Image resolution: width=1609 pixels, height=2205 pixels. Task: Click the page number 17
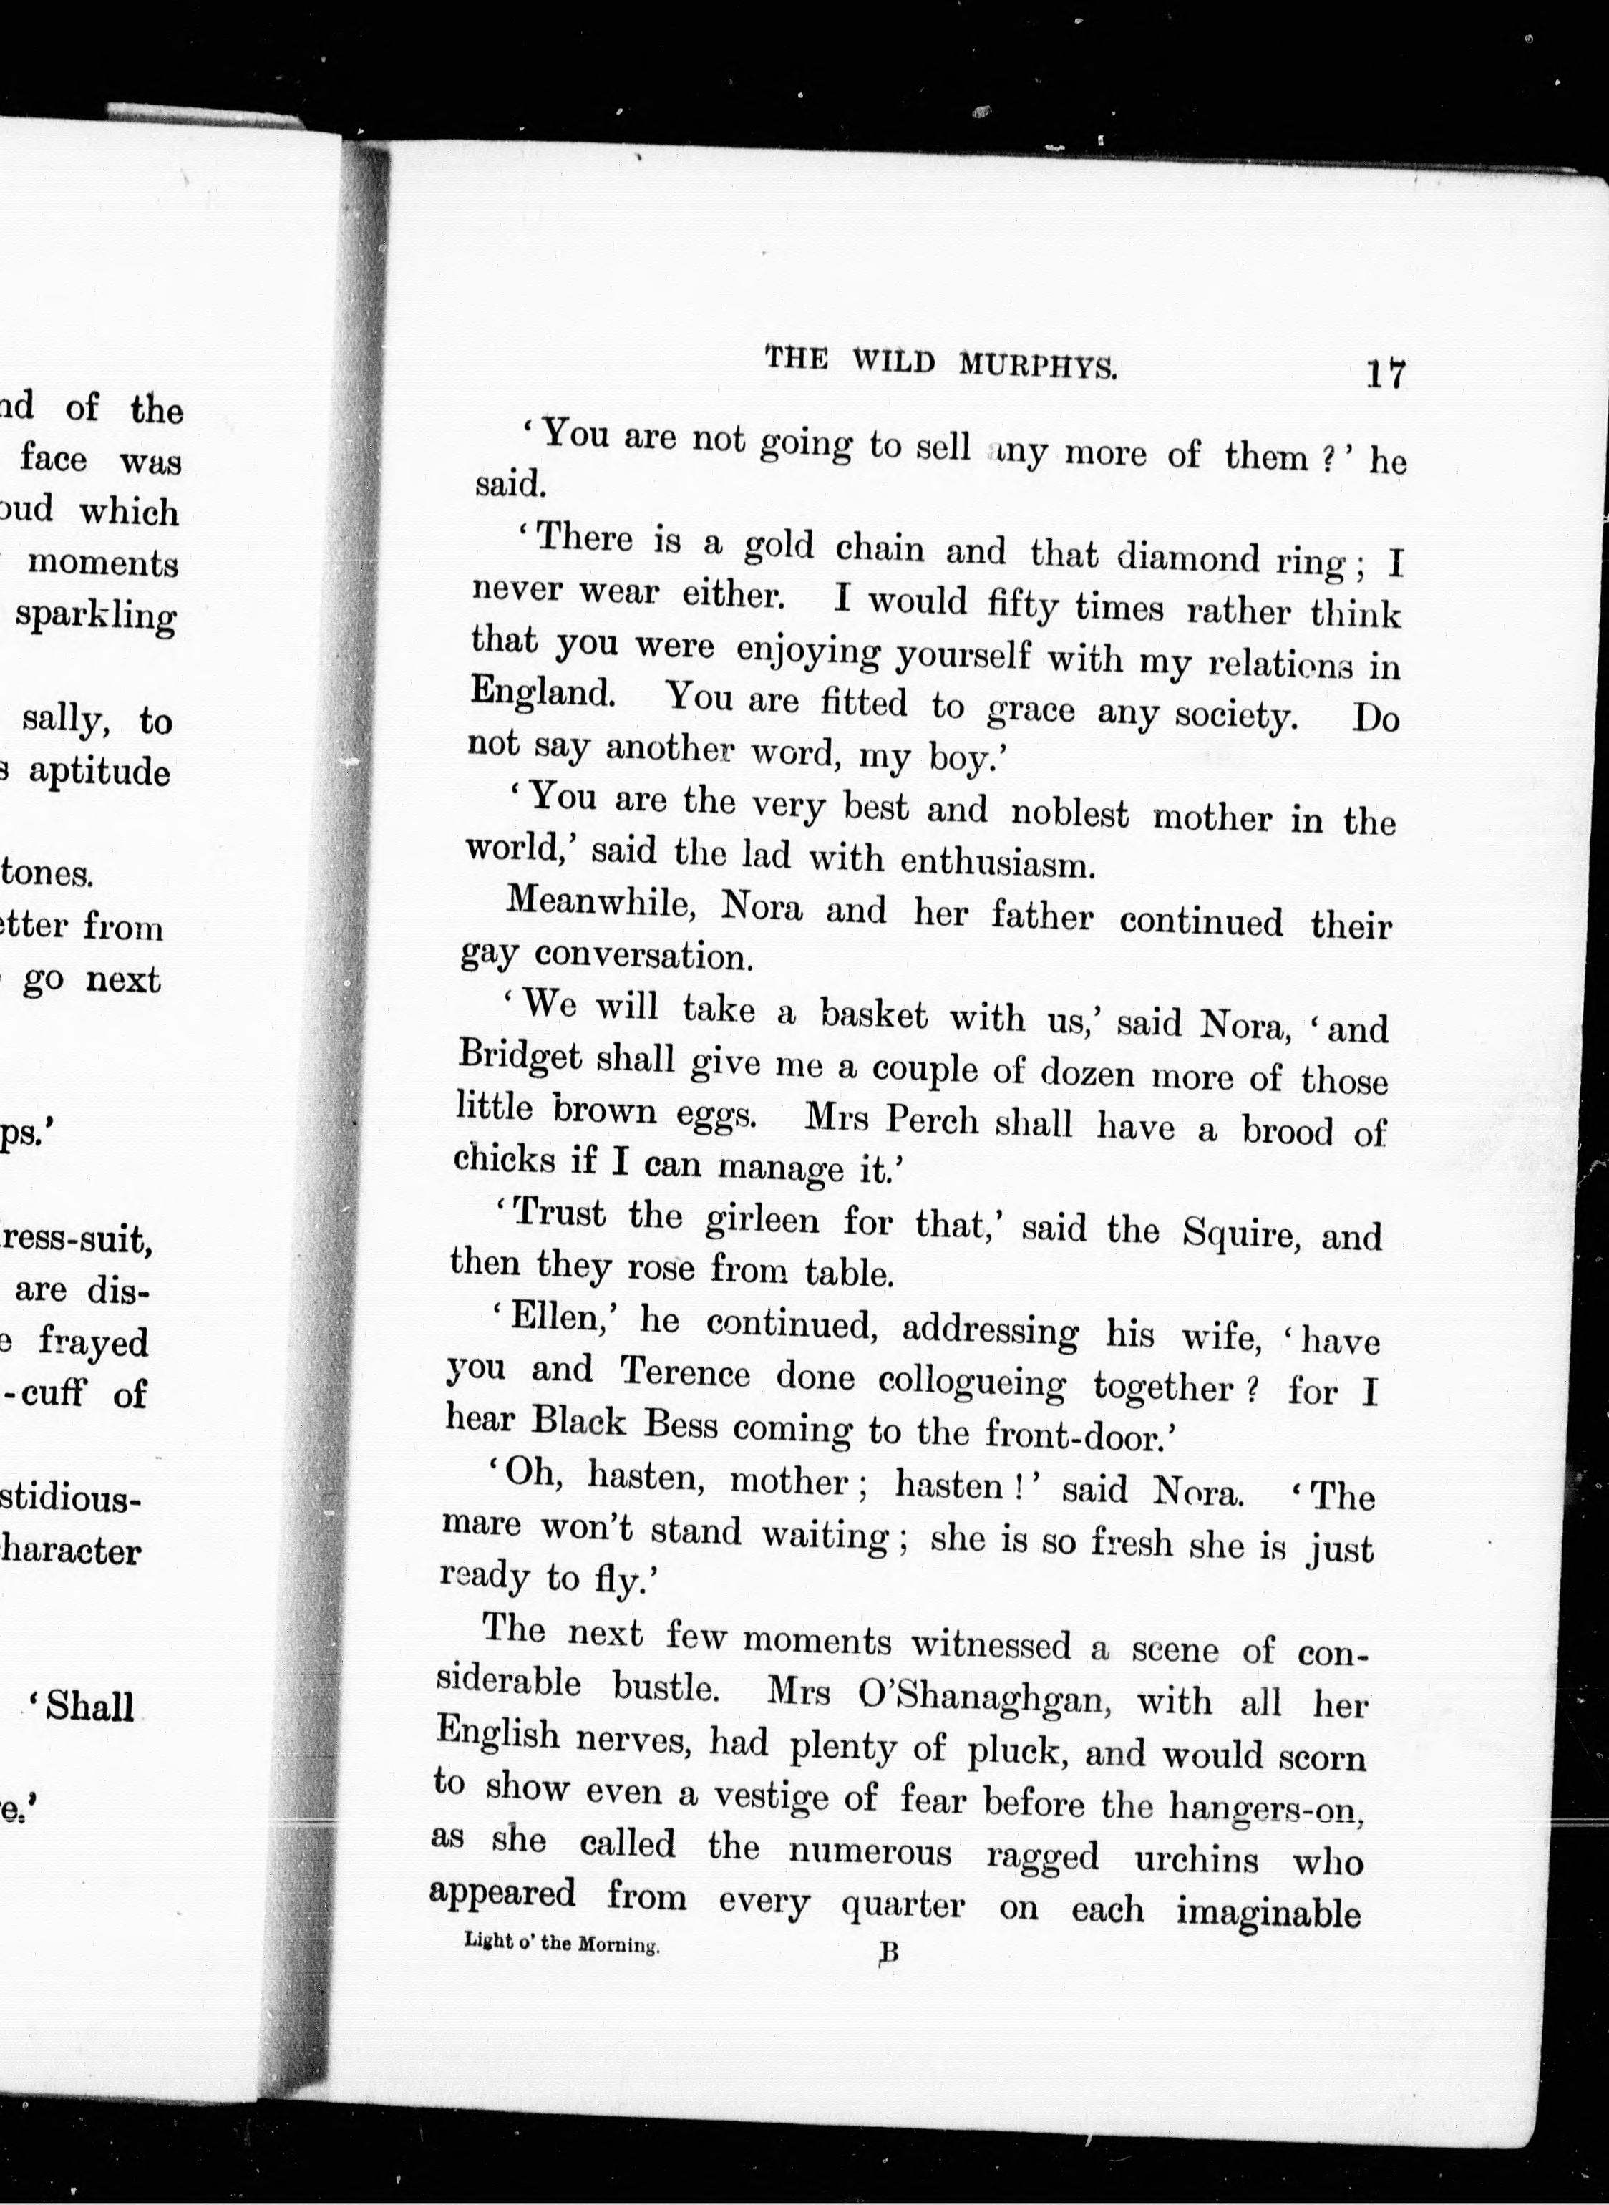click(x=1385, y=373)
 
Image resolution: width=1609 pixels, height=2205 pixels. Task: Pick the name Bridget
click(x=519, y=1057)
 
